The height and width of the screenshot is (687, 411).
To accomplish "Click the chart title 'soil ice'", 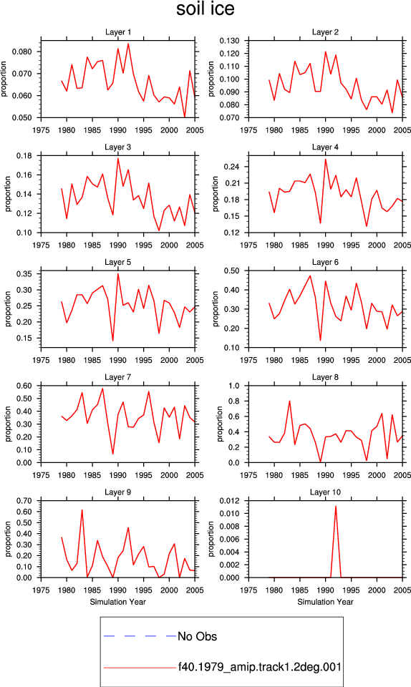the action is [205, 9].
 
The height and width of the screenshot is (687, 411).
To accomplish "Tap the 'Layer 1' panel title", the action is [118, 32].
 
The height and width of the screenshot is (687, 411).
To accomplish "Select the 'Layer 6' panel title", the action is [325, 262].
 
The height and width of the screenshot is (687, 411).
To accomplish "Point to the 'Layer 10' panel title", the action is [325, 492].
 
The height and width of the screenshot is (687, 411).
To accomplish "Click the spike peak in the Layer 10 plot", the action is [336, 506].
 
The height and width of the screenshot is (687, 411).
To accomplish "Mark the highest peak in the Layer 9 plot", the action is [82, 510].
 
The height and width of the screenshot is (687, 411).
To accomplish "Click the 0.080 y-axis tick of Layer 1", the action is [22, 52].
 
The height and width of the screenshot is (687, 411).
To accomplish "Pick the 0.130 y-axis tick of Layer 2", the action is [230, 41].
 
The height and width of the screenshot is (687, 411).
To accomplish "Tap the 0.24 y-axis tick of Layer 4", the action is [232, 167].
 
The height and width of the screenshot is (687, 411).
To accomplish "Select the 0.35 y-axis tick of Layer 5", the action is [24, 274].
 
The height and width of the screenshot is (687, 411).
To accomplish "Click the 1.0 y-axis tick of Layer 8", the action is [234, 386].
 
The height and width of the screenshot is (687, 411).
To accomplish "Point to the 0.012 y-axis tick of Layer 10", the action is [230, 501].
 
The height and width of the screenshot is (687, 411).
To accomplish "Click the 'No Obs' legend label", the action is [197, 636].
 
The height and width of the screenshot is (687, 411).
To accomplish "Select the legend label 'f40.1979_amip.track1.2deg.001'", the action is [259, 667].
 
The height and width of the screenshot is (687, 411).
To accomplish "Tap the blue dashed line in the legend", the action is [140, 635].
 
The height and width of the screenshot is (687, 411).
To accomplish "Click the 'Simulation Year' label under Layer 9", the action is [118, 602].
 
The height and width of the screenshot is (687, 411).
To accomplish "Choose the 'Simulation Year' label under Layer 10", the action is [325, 602].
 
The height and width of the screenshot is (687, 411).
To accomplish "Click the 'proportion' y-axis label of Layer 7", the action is [8, 424].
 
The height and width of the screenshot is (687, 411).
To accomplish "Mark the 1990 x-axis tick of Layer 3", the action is [118, 245].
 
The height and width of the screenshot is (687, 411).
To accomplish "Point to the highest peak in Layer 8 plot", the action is [289, 401].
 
